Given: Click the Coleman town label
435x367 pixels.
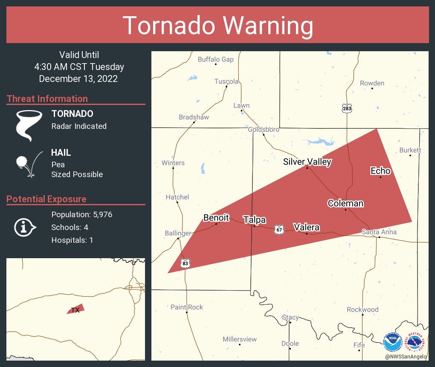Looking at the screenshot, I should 345,203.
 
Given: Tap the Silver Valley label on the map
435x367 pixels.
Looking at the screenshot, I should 307,162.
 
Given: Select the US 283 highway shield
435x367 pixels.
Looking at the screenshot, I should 347,109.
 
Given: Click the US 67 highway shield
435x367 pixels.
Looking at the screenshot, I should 279,229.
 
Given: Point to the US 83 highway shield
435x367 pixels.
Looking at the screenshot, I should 185,263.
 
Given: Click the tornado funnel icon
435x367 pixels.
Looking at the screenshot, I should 29,125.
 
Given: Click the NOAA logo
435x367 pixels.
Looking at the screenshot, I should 392,342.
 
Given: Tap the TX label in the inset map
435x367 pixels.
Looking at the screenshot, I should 75,310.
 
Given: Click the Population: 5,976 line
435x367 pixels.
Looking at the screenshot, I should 81,214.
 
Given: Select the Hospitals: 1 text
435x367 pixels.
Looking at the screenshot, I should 72,240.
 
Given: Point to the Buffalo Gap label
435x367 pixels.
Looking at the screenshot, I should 216,59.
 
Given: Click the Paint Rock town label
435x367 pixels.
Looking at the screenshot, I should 187,307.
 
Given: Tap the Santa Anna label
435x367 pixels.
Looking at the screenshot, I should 379,232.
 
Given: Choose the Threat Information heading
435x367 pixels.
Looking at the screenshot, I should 47,99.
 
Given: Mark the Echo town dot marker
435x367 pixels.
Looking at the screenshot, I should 381,177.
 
